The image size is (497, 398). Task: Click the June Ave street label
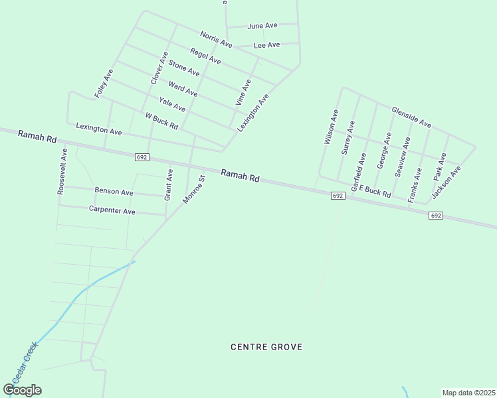(262, 26)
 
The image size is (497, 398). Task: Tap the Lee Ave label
(266, 45)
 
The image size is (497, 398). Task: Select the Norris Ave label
(216, 39)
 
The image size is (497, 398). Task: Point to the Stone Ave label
(184, 67)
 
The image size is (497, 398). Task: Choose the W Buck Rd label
(161, 121)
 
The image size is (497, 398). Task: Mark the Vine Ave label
(244, 92)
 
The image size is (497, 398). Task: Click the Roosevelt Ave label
(62, 170)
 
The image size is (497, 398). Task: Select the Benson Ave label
(114, 192)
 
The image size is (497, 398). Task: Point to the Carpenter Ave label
(112, 210)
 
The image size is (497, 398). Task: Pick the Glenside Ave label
(411, 117)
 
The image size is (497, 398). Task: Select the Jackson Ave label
(446, 183)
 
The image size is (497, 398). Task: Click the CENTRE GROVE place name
(266, 347)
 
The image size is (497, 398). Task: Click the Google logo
(23, 389)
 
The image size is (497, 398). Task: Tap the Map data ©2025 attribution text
(468, 393)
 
